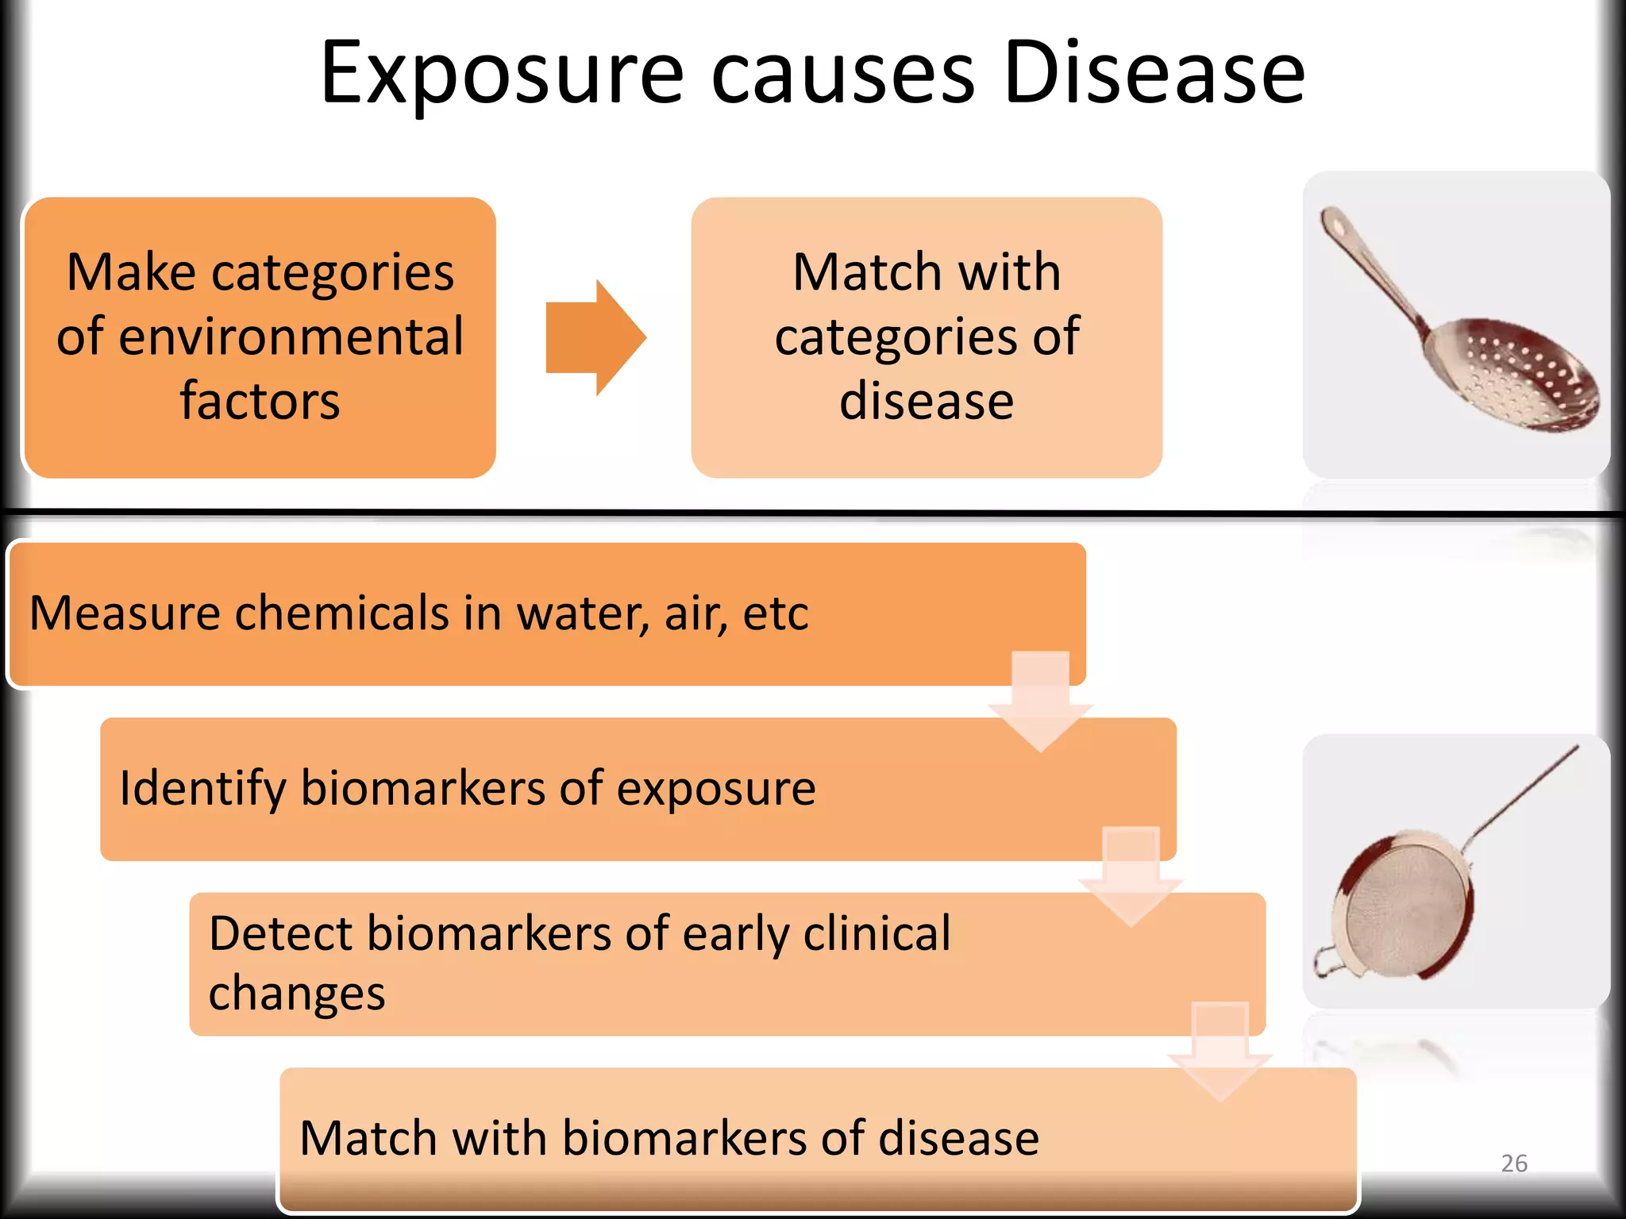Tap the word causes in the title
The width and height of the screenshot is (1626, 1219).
tap(842, 75)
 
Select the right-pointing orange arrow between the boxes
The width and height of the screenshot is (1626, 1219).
tap(595, 337)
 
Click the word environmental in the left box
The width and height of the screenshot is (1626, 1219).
tap(260, 336)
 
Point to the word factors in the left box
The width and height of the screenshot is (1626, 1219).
tap(260, 401)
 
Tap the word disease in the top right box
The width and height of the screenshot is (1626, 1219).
tap(927, 401)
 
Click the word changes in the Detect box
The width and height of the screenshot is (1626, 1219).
tap(297, 994)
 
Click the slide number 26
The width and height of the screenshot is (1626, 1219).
tap(1513, 1163)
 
